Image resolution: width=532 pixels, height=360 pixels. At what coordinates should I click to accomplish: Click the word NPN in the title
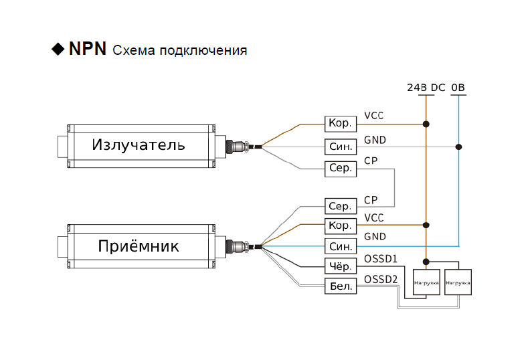click(87, 50)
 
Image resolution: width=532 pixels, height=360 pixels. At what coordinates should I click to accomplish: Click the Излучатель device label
click(138, 145)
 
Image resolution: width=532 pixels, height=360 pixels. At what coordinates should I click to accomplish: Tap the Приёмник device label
click(139, 246)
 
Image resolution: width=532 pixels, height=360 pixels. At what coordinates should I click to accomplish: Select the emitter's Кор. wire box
click(341, 124)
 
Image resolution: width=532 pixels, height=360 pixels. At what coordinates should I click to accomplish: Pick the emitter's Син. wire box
click(341, 146)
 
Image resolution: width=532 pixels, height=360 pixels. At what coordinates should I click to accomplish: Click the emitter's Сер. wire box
click(341, 168)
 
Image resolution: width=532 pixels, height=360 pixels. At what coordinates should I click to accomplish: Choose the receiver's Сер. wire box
click(341, 206)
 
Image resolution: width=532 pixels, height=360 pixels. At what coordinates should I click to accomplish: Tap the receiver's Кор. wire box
click(341, 226)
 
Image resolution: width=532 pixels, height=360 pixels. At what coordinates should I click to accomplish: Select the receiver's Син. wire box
click(341, 246)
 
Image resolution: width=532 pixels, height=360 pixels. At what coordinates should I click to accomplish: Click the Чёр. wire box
click(341, 266)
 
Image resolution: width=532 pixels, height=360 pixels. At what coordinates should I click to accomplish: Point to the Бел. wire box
click(341, 286)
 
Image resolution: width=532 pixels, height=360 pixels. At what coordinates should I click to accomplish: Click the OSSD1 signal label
click(381, 258)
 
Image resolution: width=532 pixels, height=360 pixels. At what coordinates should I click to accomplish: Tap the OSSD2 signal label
click(381, 279)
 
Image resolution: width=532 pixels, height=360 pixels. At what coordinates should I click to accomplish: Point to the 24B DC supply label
click(426, 88)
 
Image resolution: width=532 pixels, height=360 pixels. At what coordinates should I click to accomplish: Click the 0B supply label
click(458, 88)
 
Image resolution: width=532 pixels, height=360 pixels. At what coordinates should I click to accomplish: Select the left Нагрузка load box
click(426, 282)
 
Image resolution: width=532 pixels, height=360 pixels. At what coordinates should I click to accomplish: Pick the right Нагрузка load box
click(458, 282)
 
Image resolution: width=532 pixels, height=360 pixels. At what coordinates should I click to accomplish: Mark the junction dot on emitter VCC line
click(426, 124)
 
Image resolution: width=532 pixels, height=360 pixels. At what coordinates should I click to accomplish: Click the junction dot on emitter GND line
click(458, 146)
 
